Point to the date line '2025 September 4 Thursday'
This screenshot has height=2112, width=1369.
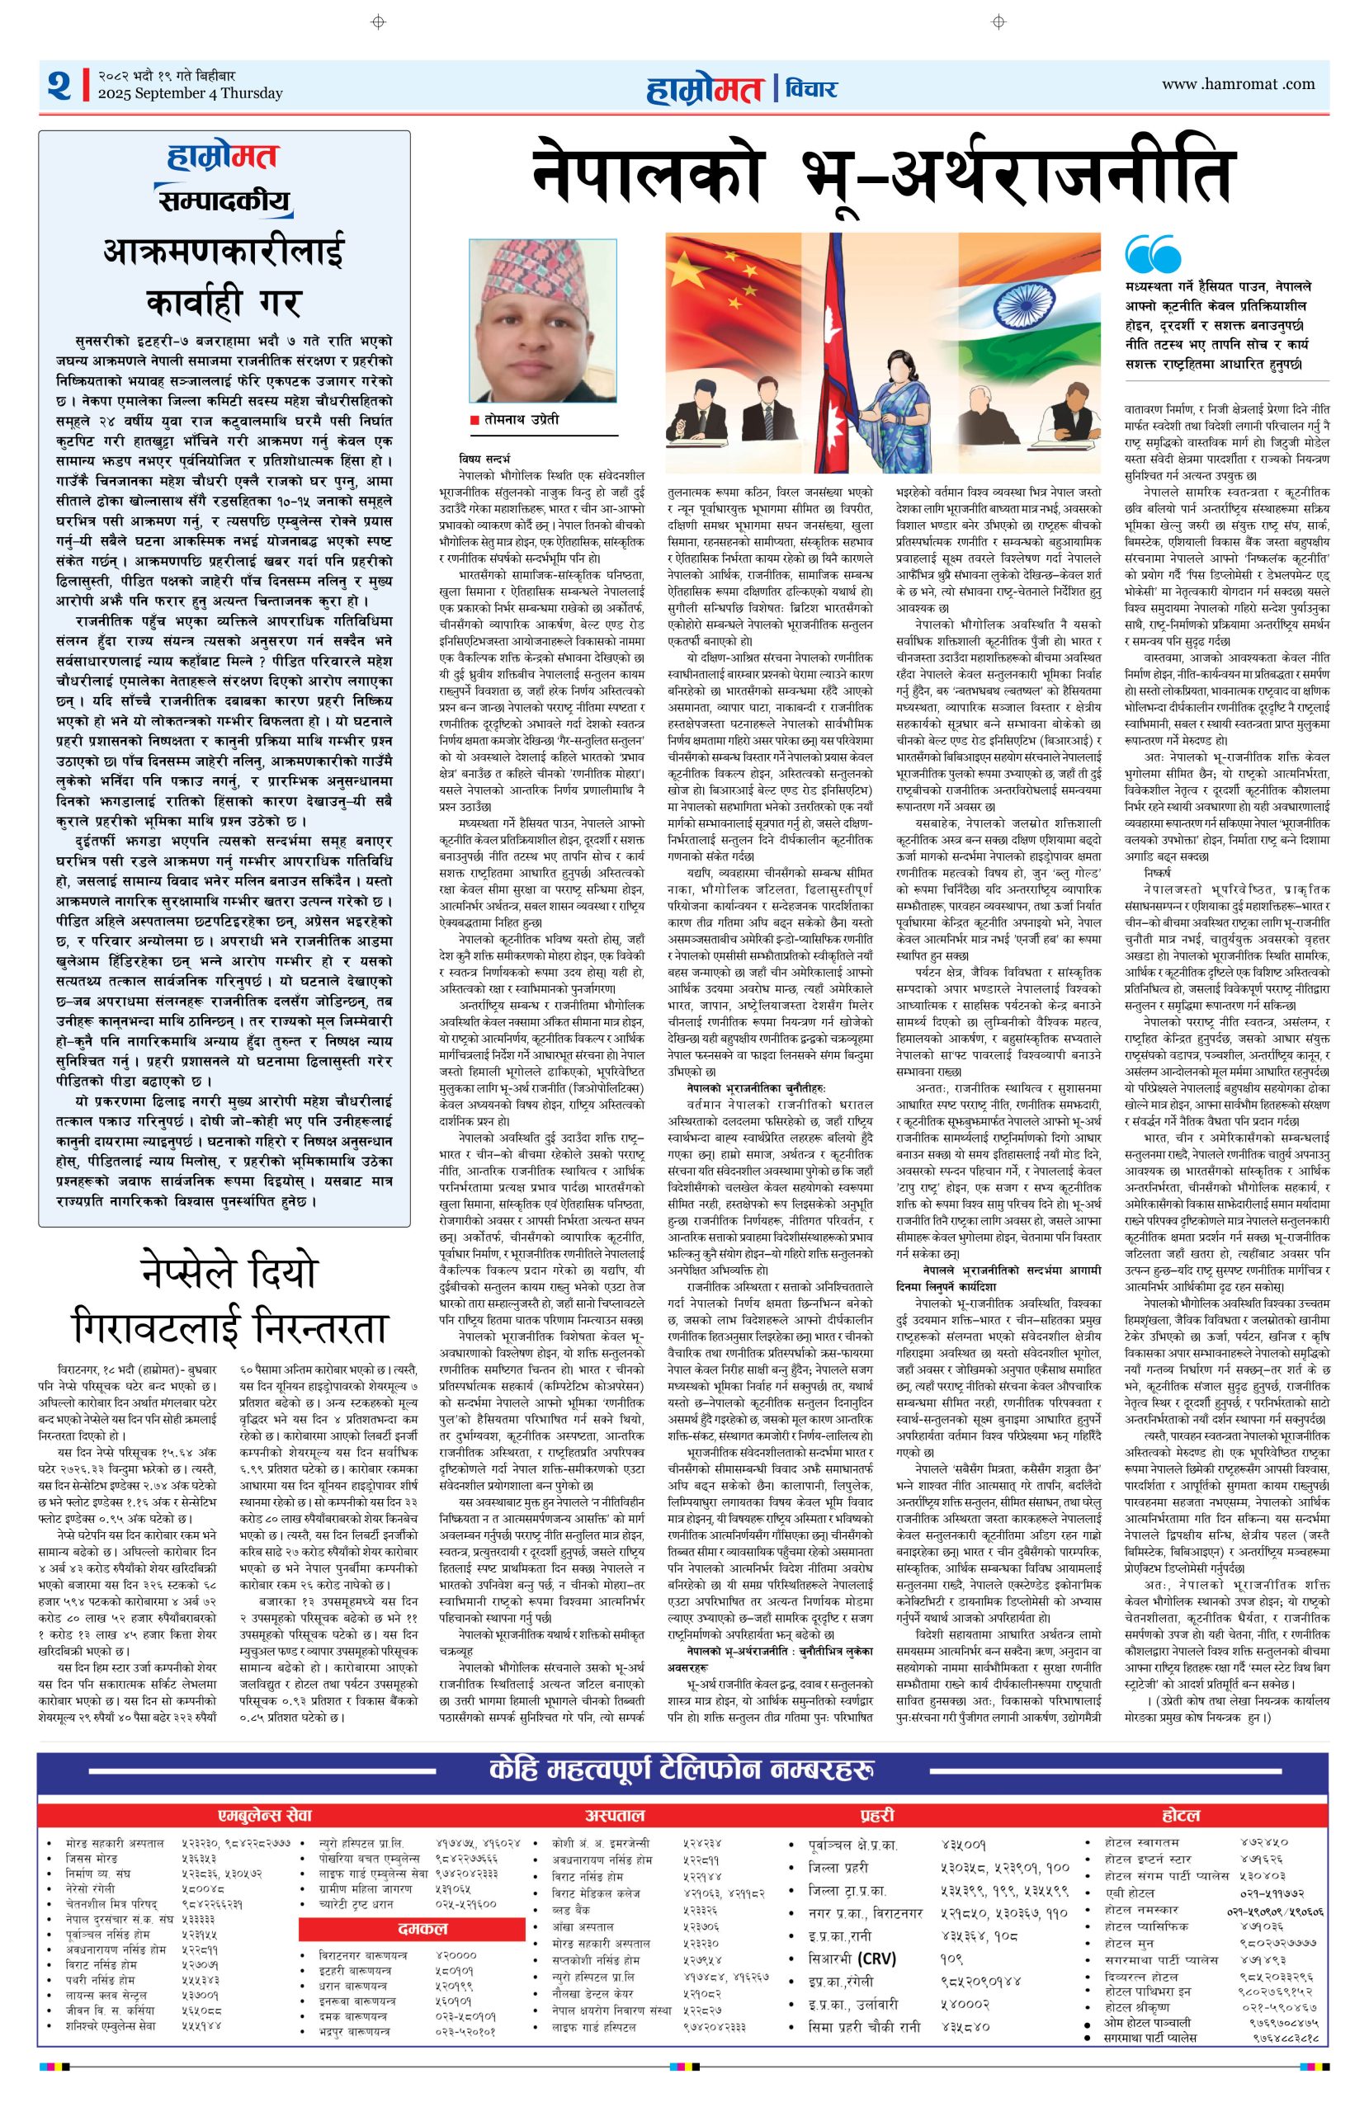point(190,93)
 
